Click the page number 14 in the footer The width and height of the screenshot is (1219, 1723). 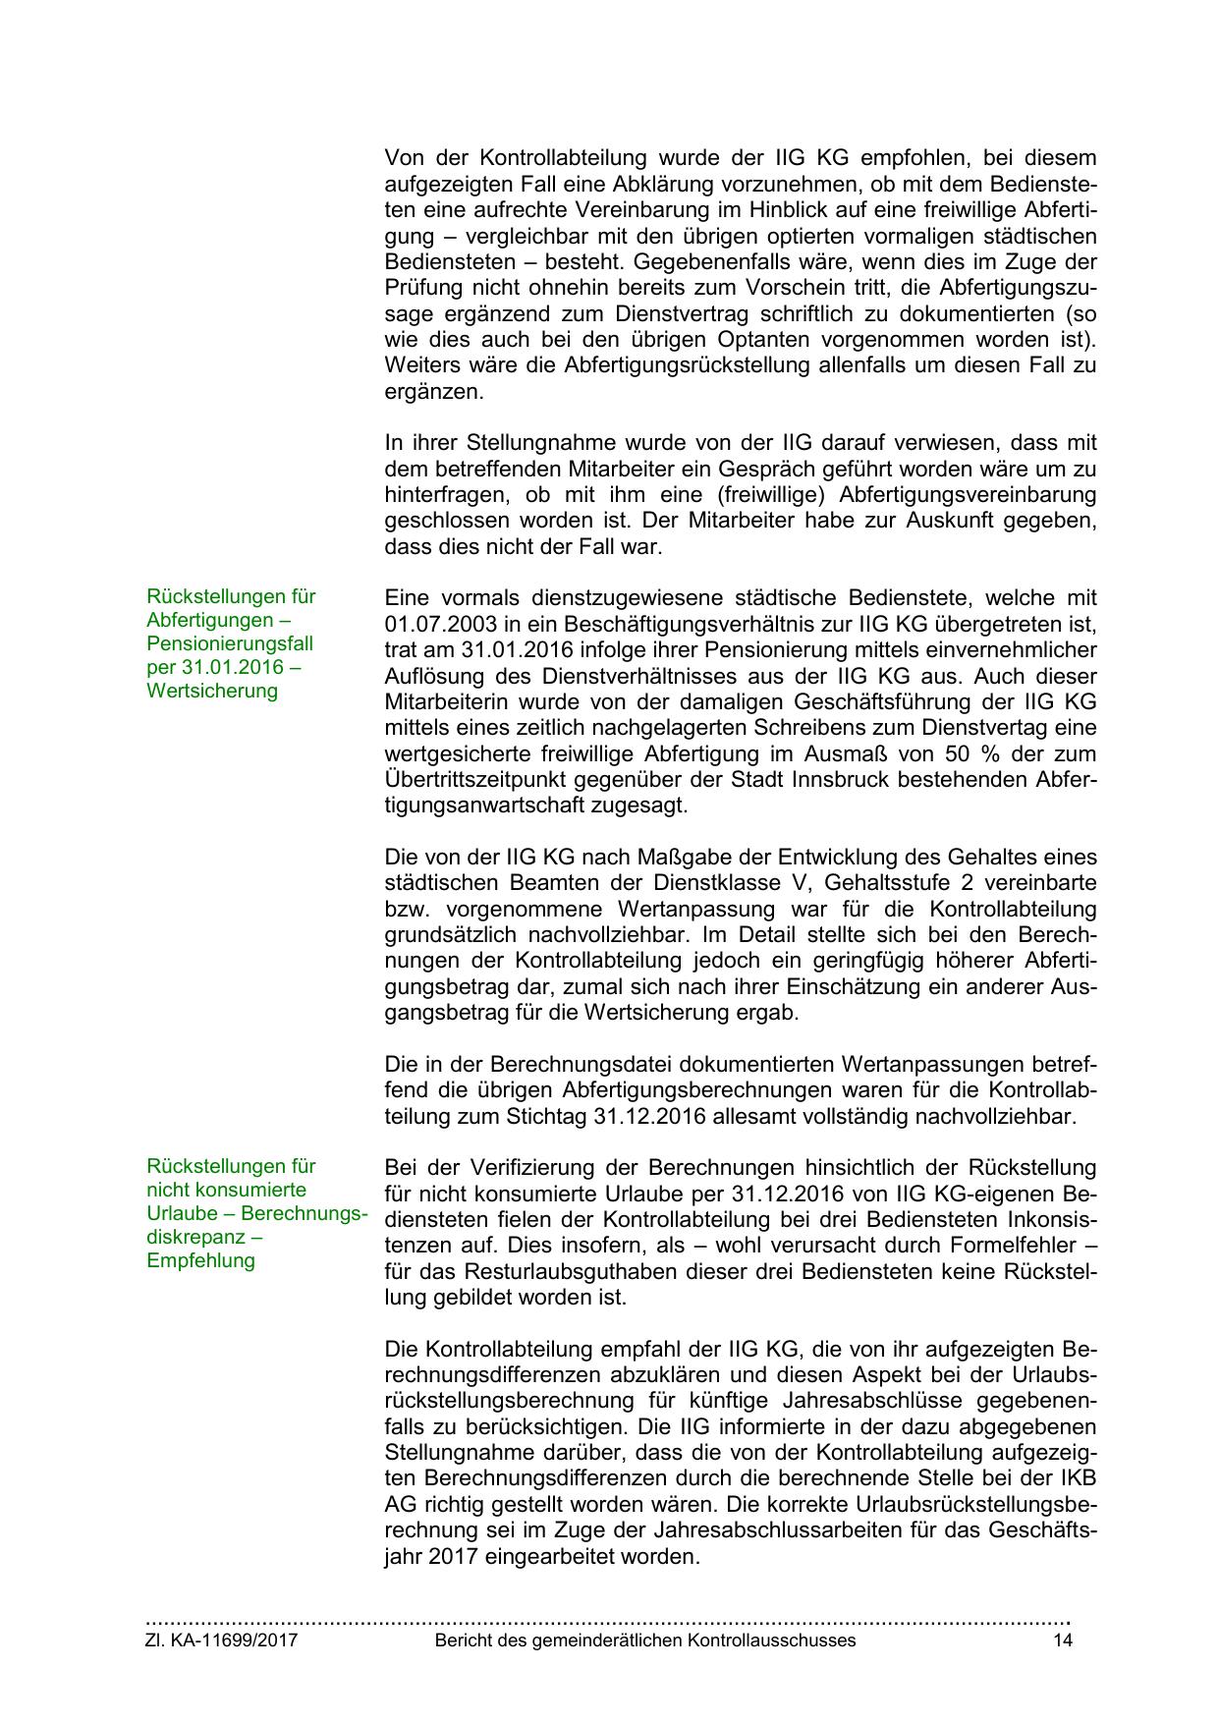(x=1062, y=1640)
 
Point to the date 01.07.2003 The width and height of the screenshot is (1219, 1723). (x=433, y=624)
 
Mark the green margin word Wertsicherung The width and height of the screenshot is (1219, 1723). (x=212, y=691)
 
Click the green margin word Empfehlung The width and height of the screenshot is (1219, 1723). (x=200, y=1260)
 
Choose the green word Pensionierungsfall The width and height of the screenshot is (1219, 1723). (x=230, y=643)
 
